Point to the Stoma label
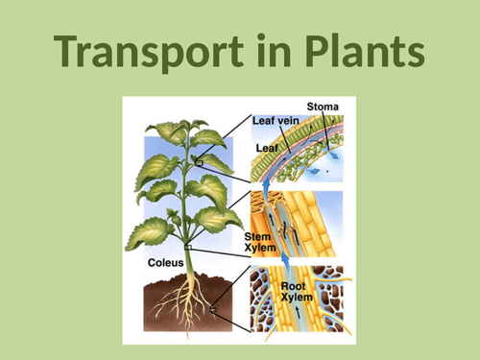[x=324, y=106]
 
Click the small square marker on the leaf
[x=199, y=162]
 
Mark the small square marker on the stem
[x=189, y=248]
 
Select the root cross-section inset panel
[x=301, y=301]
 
